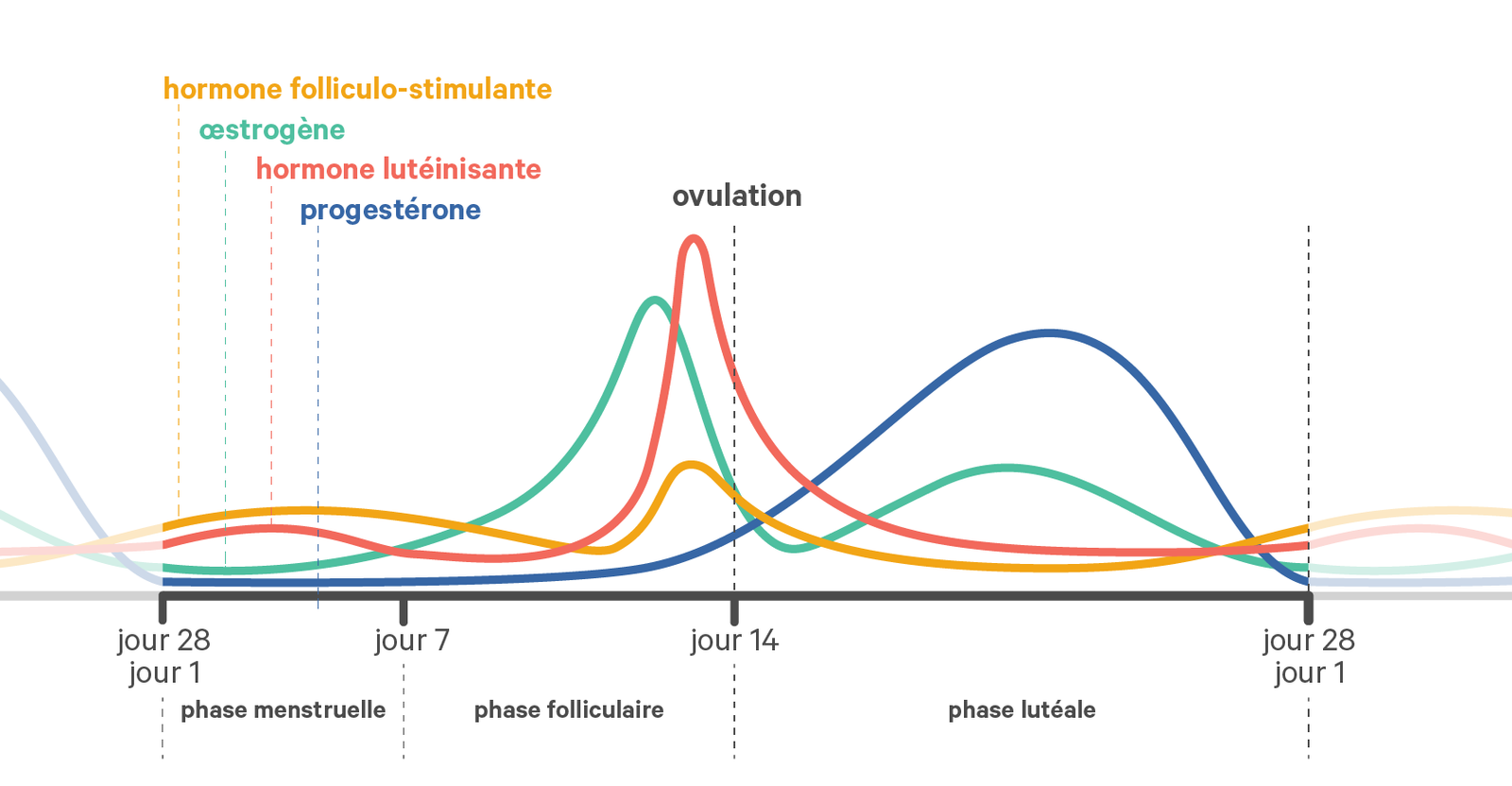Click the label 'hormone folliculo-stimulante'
click(357, 89)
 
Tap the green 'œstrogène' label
click(272, 129)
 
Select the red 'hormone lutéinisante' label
click(398, 169)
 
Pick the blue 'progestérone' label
click(390, 210)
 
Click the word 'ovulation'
click(736, 196)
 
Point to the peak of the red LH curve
click(694, 238)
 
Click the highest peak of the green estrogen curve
click(654, 300)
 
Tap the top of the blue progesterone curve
click(1049, 333)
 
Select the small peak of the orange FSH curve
click(693, 464)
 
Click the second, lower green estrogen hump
click(1007, 468)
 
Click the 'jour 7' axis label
click(412, 641)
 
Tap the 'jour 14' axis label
click(734, 641)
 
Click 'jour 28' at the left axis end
click(163, 641)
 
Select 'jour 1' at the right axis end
click(1309, 673)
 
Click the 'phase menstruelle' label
click(283, 709)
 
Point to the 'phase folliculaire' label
click(568, 709)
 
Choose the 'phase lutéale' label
click(1022, 709)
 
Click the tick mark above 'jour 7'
click(404, 609)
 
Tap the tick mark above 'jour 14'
click(734, 609)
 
